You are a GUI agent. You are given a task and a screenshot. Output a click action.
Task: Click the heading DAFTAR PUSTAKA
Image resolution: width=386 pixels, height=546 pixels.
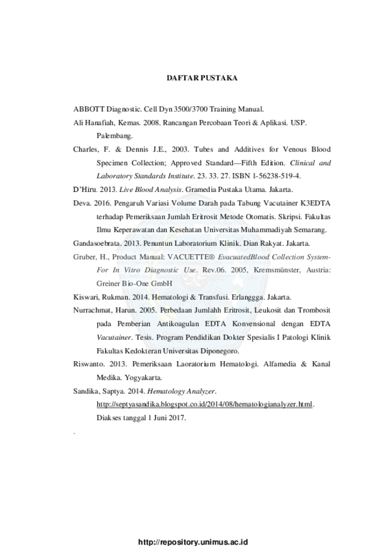pyautogui.click(x=202, y=78)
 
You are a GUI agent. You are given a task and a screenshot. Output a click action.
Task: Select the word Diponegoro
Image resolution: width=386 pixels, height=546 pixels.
pyautogui.click(x=221, y=351)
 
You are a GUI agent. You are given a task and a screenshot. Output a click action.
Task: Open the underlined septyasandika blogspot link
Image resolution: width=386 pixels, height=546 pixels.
pyautogui.click(x=204, y=405)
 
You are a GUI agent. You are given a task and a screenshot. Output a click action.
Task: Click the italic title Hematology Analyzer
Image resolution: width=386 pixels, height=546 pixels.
pyautogui.click(x=181, y=392)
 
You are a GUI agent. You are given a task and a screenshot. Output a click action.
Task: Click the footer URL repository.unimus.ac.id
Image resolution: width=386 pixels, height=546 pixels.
pyautogui.click(x=193, y=542)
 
